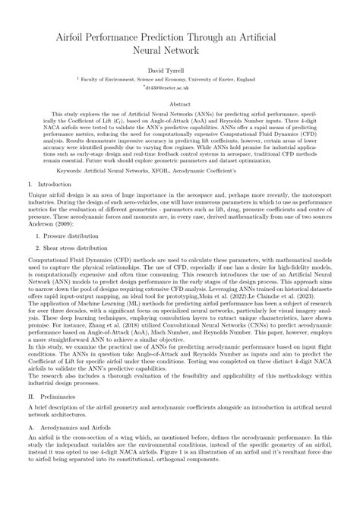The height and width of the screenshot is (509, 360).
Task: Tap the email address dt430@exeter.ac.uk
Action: tap(182, 87)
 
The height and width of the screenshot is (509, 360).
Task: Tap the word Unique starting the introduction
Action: tap(39, 196)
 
